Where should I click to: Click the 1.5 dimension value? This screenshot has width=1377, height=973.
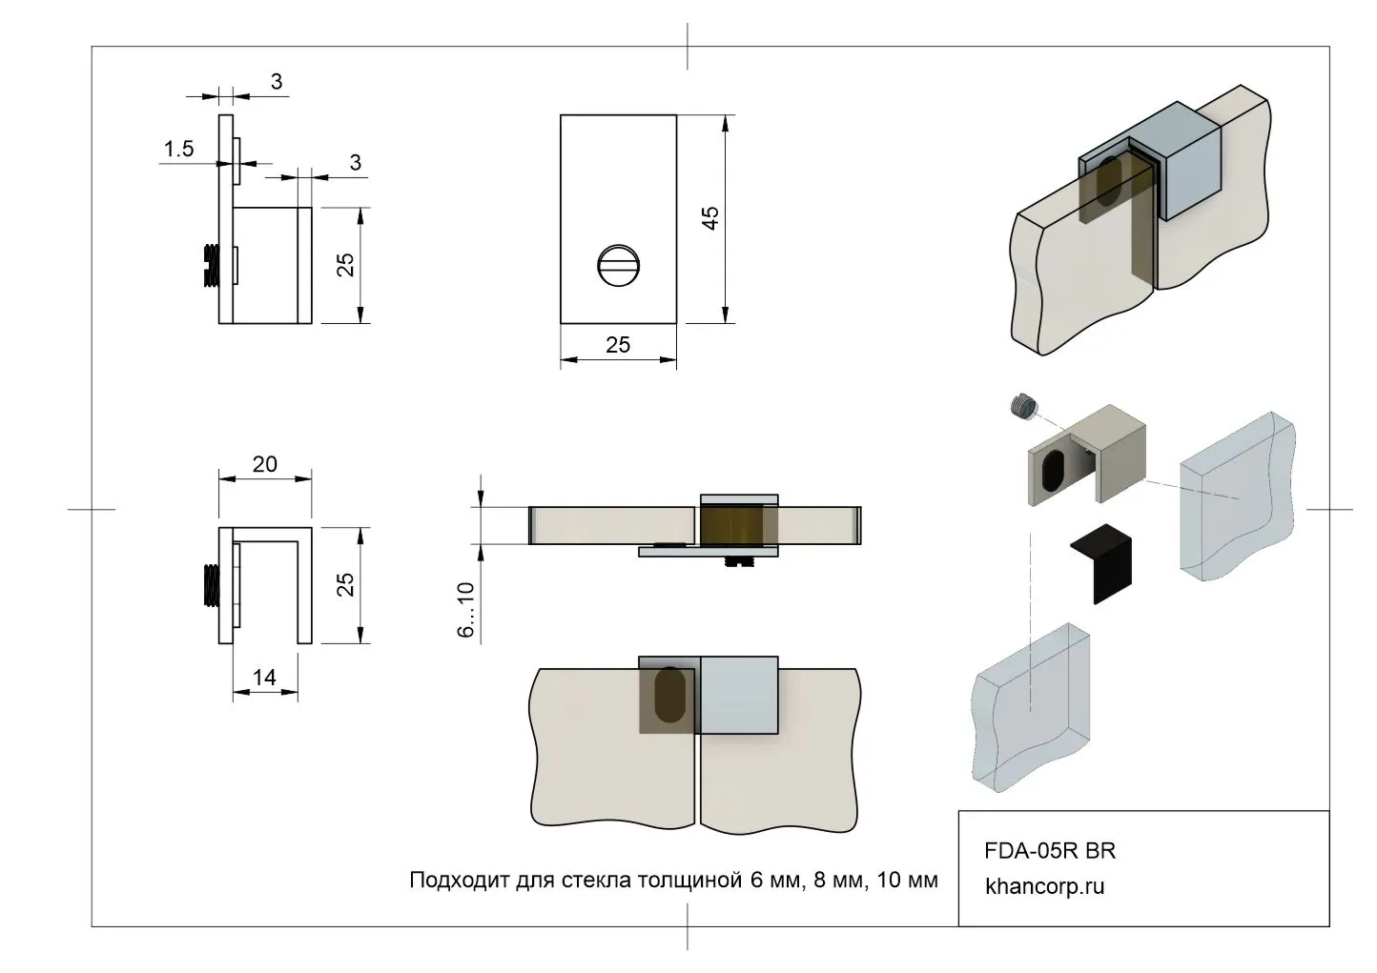pos(178,149)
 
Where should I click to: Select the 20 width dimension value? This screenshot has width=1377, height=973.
pos(265,464)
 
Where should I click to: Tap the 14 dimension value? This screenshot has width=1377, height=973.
pos(264,677)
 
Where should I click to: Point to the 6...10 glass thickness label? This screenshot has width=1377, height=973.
pos(466,610)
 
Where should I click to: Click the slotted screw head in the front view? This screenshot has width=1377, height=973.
pos(618,265)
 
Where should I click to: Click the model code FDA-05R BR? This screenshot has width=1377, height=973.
pos(1050,850)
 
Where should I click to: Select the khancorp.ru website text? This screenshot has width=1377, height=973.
pos(1045,885)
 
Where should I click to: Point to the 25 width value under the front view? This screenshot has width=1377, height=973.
pos(618,344)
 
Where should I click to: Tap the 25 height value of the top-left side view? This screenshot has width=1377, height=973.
pos(346,264)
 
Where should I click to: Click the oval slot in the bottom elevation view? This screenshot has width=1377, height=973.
pos(669,695)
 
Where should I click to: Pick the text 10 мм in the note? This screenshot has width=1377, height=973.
pos(907,879)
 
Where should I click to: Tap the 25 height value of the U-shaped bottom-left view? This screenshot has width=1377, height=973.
pos(346,583)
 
